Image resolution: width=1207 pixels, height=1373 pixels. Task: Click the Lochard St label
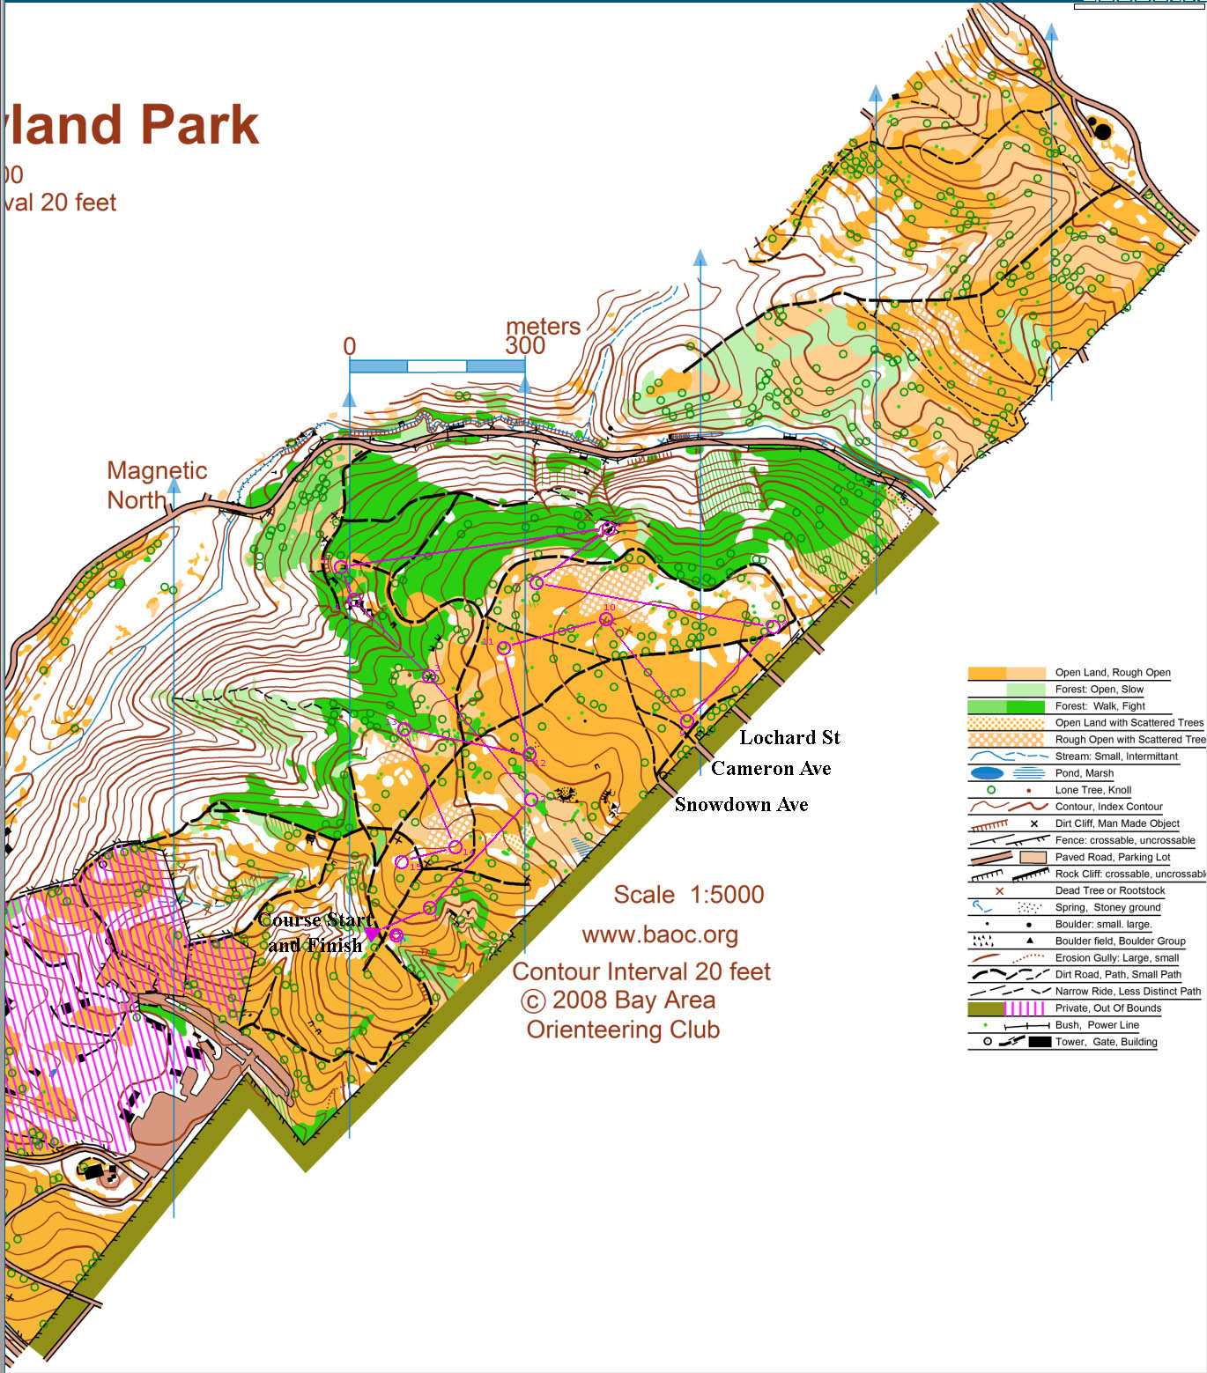click(x=789, y=737)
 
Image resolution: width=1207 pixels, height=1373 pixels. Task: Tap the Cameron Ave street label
click(x=771, y=768)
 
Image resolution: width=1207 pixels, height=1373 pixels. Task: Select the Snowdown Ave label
click(x=741, y=804)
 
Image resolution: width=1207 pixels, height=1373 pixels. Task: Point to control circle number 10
click(x=606, y=619)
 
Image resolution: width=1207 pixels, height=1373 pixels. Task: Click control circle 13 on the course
click(x=404, y=729)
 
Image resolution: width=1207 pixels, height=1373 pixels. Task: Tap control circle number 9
click(x=687, y=721)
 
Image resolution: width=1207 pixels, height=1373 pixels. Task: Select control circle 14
click(x=455, y=847)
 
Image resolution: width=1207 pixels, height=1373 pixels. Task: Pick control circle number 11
click(x=504, y=648)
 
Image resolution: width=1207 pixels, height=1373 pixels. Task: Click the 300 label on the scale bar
click(x=525, y=345)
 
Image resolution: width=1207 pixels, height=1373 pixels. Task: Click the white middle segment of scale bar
click(x=436, y=365)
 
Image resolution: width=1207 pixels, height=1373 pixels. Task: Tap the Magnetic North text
click(x=156, y=485)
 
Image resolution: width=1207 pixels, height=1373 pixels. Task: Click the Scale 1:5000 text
click(x=688, y=895)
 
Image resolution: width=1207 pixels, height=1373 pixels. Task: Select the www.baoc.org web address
click(x=660, y=934)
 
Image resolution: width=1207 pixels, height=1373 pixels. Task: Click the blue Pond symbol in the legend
click(x=986, y=773)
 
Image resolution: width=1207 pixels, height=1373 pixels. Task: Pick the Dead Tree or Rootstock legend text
click(x=1109, y=890)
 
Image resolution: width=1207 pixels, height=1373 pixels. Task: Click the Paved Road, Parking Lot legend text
click(x=1112, y=857)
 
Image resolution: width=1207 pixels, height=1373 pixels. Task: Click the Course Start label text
click(x=316, y=920)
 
